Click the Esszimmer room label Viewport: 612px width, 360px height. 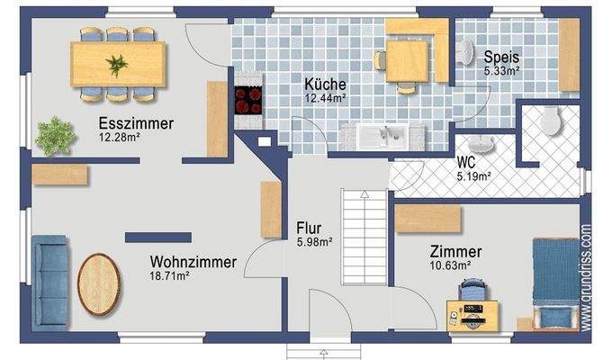136,123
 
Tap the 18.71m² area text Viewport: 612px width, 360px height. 169,276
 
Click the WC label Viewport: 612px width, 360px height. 466,162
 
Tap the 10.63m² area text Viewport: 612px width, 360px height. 450,265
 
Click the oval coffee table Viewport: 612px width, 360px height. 98,283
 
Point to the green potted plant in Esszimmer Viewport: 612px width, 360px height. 53,135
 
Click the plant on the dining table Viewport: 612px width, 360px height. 117,63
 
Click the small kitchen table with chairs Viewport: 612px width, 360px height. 409,58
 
